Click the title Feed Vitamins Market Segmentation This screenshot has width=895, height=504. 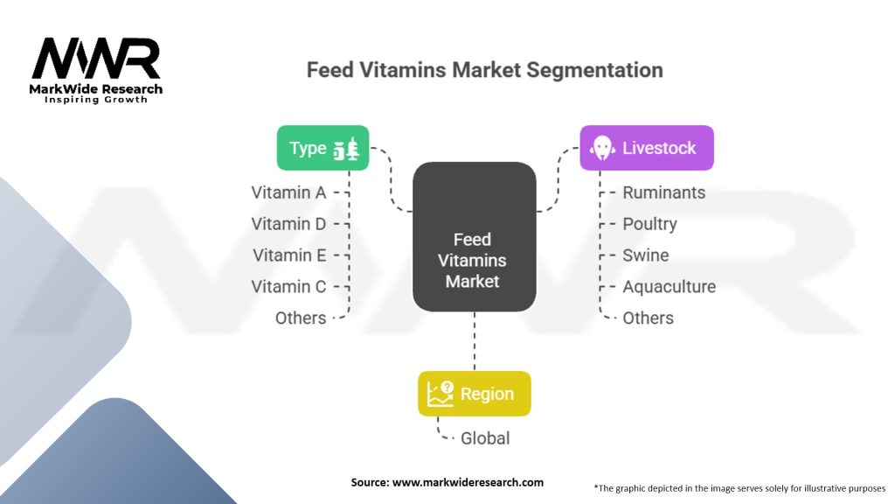tap(484, 70)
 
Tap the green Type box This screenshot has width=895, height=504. tap(323, 148)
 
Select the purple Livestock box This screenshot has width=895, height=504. tap(647, 148)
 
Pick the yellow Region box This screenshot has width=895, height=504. tap(474, 394)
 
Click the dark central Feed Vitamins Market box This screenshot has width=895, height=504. tap(474, 237)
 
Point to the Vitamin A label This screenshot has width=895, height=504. tap(288, 192)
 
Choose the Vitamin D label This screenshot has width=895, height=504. tap(288, 224)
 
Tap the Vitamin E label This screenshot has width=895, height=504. tap(289, 255)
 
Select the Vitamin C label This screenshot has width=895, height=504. tap(288, 287)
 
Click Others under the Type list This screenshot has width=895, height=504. tap(301, 318)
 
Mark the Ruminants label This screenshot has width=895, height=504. tap(663, 192)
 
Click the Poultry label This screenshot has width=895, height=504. tap(649, 224)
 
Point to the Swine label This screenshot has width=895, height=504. tap(645, 255)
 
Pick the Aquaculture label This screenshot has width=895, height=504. tap(669, 287)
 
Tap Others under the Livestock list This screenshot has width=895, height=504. tap(648, 318)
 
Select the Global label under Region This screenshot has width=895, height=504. tap(485, 437)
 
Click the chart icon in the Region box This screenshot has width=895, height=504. tap(440, 394)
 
